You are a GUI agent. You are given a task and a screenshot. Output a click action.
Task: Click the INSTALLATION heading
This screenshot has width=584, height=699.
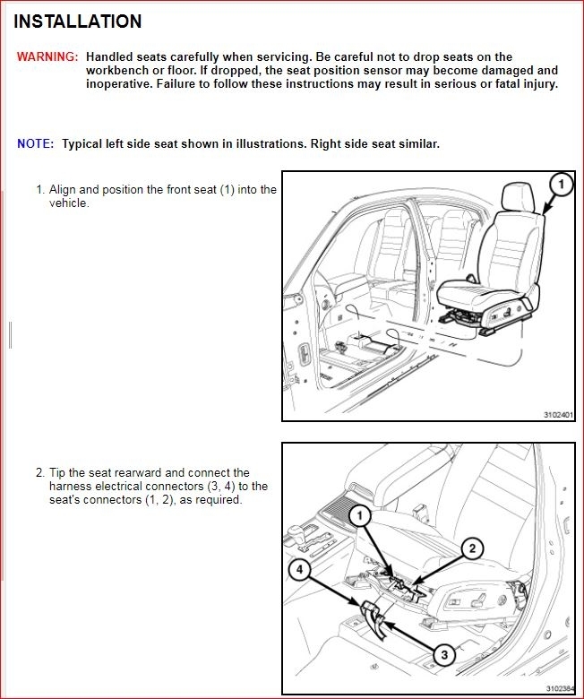click(78, 22)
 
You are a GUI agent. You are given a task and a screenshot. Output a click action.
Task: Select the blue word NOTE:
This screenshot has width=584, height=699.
click(35, 144)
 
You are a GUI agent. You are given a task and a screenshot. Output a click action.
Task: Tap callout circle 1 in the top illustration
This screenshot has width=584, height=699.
click(560, 186)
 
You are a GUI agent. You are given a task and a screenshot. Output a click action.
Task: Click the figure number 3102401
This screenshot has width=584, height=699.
click(559, 415)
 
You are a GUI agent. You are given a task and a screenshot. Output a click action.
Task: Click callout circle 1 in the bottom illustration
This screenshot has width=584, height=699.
click(359, 516)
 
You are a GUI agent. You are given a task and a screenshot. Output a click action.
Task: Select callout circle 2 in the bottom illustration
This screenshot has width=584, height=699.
click(472, 548)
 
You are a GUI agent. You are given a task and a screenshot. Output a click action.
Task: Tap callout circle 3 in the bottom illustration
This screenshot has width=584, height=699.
click(442, 655)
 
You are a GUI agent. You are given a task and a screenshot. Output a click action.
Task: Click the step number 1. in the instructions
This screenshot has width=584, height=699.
click(40, 190)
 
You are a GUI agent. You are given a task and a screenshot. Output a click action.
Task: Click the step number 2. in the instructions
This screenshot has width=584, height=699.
click(40, 473)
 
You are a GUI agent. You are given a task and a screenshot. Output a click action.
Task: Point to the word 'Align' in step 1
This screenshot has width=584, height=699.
click(64, 190)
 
